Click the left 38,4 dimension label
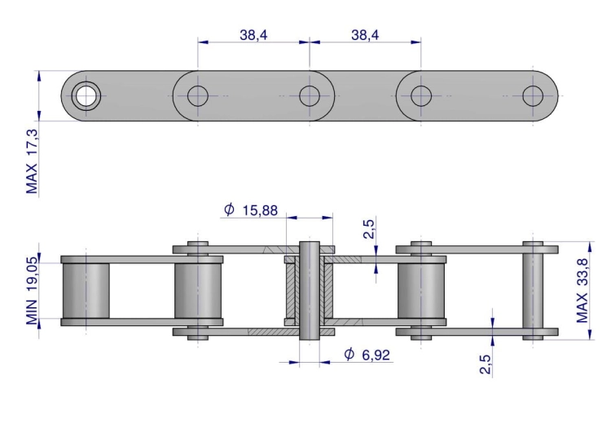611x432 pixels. coord(253,35)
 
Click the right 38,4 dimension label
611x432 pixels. coord(365,35)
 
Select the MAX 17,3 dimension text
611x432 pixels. coord(32,161)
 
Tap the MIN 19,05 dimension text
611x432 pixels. coord(32,291)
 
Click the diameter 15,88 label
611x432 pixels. coord(251,210)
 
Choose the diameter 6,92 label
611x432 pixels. coord(367,355)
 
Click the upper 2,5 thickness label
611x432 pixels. coord(368,229)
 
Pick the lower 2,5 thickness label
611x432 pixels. coord(485,364)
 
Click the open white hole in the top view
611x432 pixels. coord(86,96)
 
